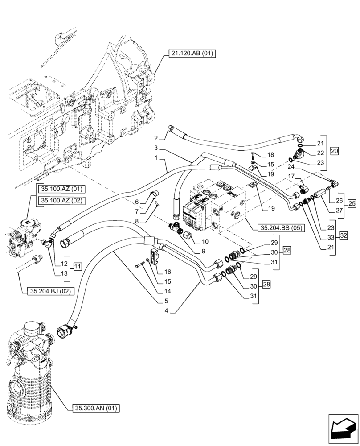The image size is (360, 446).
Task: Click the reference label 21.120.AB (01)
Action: [x=192, y=54]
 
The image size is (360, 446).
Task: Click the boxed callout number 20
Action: [x=335, y=151]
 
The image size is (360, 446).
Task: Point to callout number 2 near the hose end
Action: [x=156, y=137]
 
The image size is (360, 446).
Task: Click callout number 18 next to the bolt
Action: [x=270, y=155]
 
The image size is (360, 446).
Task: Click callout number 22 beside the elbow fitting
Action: [x=320, y=153]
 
